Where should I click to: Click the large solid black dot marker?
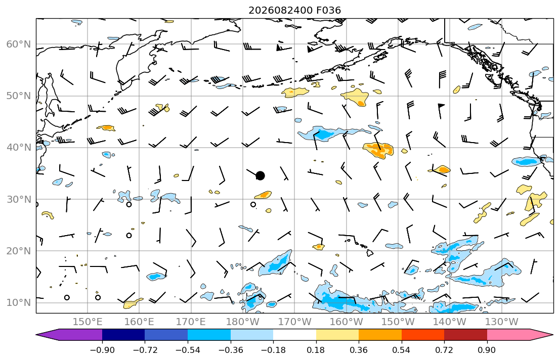[x=260, y=176]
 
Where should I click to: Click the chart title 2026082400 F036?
[x=294, y=10]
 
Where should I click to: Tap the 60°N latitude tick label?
[x=19, y=44]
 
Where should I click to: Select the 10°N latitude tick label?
[x=19, y=303]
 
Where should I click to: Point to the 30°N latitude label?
[x=19, y=199]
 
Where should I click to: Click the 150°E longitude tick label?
[x=88, y=322]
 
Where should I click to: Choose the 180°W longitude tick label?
[x=243, y=322]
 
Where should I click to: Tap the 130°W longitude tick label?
[x=502, y=322]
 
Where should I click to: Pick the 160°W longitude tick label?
[x=346, y=322]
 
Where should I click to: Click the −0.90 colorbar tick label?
[x=102, y=350]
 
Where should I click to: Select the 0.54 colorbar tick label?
[x=401, y=350]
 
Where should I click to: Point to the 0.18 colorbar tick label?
[x=316, y=350]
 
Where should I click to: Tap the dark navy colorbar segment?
[x=123, y=335]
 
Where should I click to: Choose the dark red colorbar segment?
[x=465, y=335]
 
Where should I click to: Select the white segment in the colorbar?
[x=294, y=335]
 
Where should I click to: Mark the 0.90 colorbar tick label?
[x=487, y=350]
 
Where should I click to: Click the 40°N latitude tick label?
[x=19, y=148]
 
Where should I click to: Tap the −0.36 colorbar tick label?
[x=230, y=350]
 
